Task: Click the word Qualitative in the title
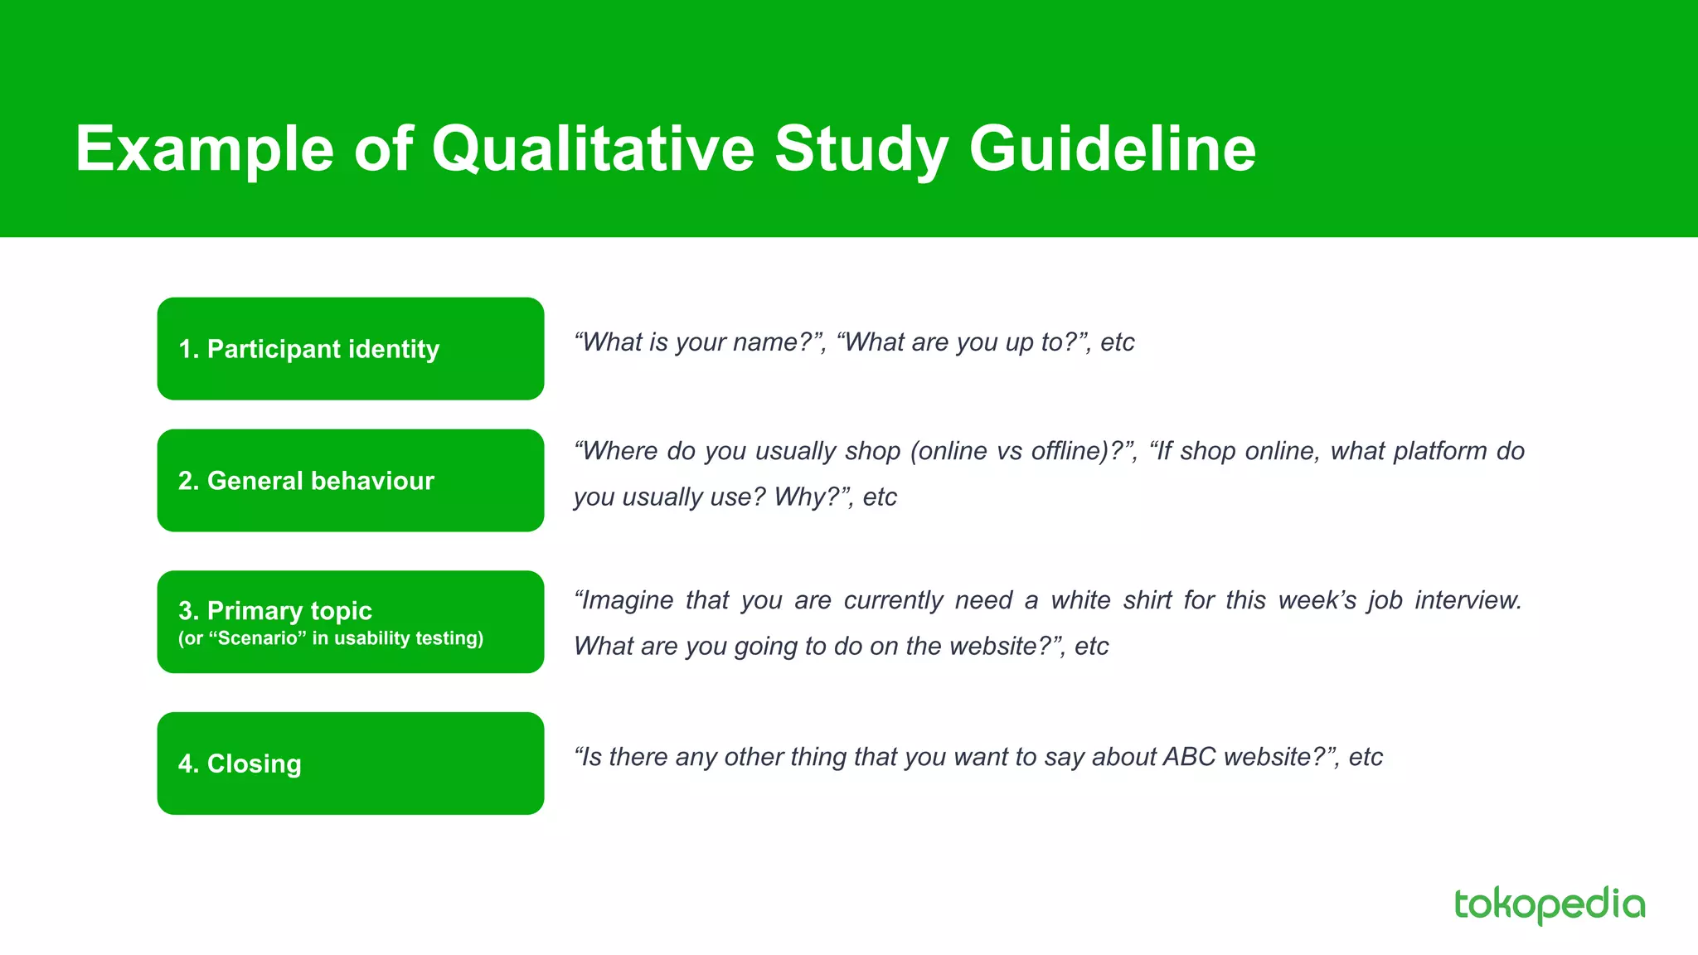tap(593, 149)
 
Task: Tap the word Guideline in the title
tap(1112, 149)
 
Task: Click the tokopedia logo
tap(1549, 904)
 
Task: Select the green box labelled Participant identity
tap(350, 348)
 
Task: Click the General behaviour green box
tap(350, 481)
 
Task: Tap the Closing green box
tap(350, 764)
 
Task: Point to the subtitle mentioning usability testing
tap(330, 638)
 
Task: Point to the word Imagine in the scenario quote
tap(627, 600)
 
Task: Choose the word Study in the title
tap(861, 149)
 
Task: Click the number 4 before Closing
tap(185, 764)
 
